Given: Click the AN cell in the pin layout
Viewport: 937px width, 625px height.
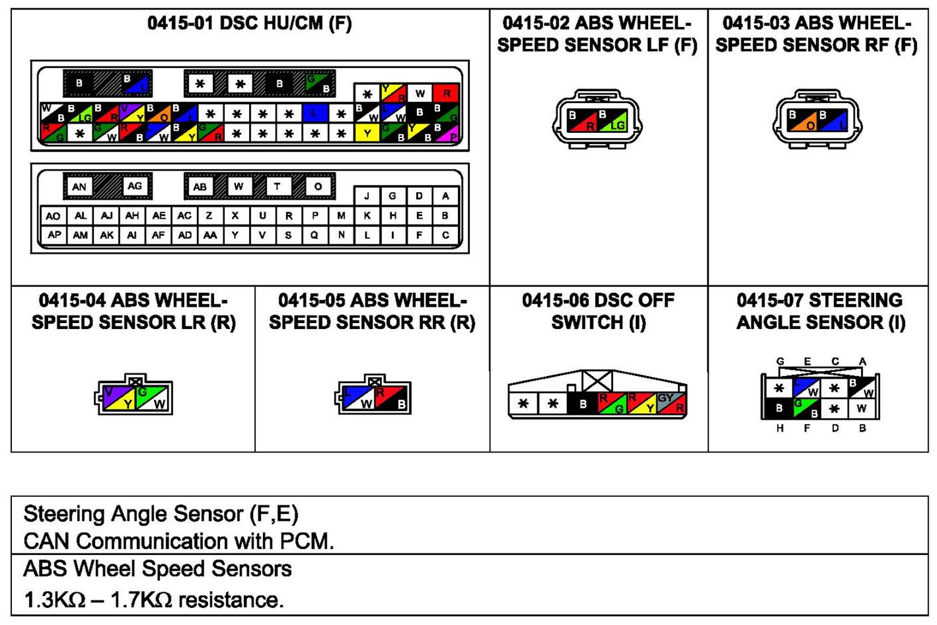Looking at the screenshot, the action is [79, 187].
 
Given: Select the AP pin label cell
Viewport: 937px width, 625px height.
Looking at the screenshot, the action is [54, 235].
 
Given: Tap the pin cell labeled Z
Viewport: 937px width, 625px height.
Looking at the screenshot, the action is [209, 215].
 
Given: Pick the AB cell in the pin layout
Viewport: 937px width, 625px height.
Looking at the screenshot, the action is [200, 187].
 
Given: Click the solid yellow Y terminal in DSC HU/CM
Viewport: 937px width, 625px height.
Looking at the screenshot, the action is [367, 132].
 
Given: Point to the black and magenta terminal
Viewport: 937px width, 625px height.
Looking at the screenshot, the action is [446, 132].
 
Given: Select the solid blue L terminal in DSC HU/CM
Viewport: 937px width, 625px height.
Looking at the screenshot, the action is [315, 113].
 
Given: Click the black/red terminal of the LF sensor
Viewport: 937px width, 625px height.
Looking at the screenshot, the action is [582, 120].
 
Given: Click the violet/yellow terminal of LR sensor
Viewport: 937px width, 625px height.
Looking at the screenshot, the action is [119, 398].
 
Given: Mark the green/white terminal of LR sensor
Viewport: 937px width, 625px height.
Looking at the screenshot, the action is [152, 398].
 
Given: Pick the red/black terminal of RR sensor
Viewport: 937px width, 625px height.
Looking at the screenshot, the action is [391, 398].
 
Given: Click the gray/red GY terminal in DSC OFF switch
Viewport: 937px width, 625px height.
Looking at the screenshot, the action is [671, 403].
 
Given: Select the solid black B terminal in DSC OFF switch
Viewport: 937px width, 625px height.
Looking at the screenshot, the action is [582, 404].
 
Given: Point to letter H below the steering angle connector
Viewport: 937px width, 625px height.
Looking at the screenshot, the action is [779, 428].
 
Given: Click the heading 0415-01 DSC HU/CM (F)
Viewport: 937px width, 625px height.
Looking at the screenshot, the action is [250, 24].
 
